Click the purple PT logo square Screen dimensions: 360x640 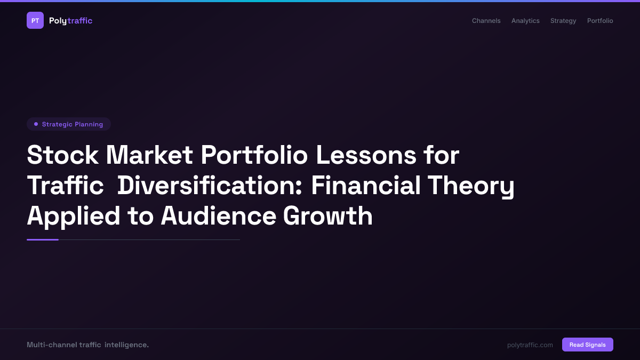pos(35,20)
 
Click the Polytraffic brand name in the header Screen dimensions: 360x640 pos(70,21)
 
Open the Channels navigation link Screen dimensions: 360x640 pos(486,21)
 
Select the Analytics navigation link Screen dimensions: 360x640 pos(525,21)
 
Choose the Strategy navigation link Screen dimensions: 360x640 pos(563,21)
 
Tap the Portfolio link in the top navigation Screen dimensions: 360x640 pos(600,21)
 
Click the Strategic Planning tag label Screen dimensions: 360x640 pos(73,124)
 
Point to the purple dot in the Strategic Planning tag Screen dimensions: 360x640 pos(36,124)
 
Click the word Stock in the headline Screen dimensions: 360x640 pos(62,155)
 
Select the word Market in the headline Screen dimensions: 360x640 pos(149,155)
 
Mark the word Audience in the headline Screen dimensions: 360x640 pos(218,216)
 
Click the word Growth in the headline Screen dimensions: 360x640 pos(327,216)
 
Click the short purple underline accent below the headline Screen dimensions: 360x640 pos(43,239)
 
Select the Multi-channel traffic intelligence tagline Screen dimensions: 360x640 pos(87,345)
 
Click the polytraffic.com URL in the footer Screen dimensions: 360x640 pos(530,345)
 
